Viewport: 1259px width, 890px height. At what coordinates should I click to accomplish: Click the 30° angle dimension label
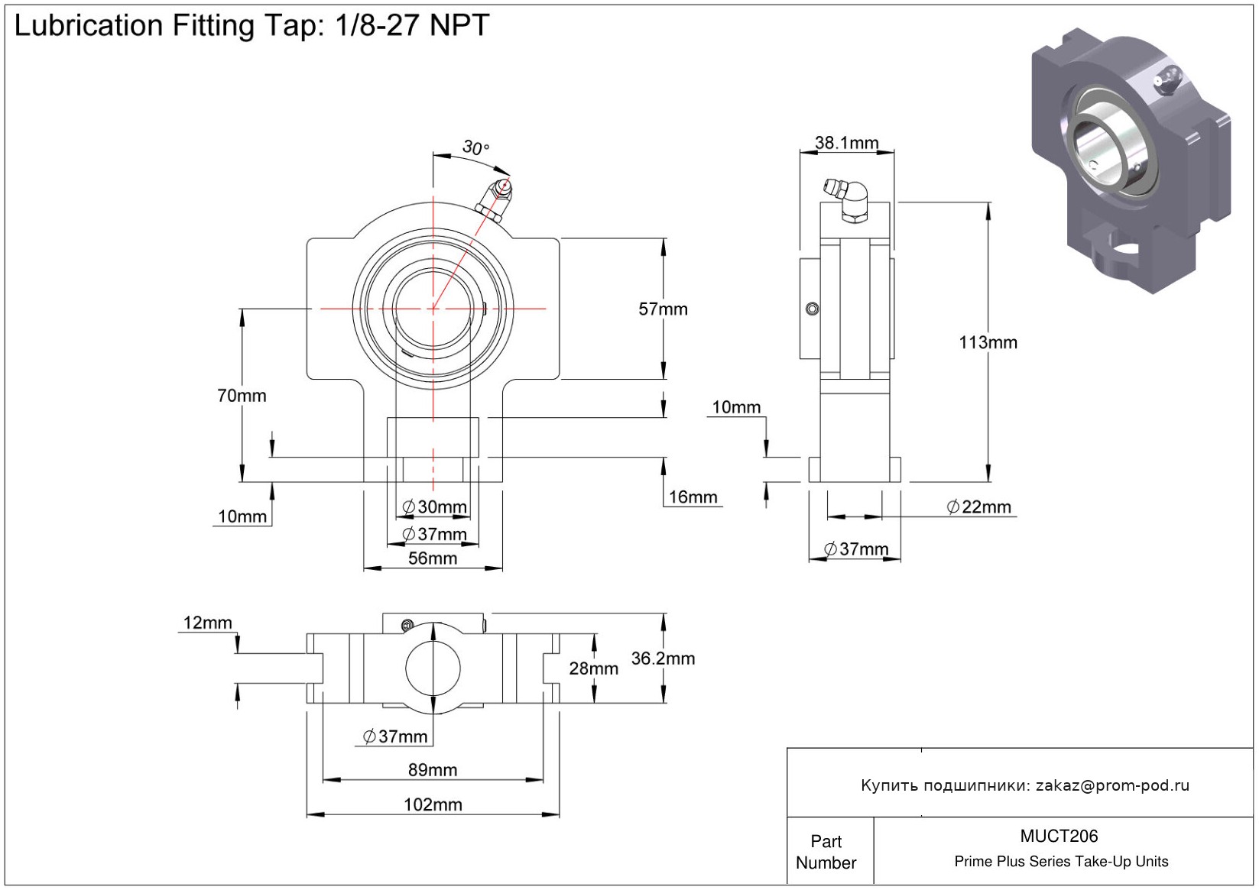[475, 147]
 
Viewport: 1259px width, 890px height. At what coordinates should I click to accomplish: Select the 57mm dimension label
[663, 309]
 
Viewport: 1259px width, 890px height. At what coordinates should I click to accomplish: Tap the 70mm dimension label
[242, 396]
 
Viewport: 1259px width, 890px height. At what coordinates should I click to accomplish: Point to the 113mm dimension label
[988, 343]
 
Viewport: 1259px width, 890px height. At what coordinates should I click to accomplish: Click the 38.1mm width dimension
[846, 143]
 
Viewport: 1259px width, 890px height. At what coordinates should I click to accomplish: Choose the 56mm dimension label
[433, 558]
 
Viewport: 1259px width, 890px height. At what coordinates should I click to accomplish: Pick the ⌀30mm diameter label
[434, 507]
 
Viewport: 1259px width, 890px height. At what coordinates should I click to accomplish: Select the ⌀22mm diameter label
[978, 507]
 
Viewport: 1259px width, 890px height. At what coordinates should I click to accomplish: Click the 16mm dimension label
[693, 497]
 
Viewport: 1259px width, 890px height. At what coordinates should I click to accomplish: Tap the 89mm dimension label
[433, 770]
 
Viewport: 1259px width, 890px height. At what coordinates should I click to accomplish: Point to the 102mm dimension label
[433, 804]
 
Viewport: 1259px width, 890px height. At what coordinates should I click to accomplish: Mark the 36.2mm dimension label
[663, 659]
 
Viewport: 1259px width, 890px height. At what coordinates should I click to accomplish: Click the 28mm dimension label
[593, 669]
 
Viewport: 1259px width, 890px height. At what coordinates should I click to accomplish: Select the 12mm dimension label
[207, 623]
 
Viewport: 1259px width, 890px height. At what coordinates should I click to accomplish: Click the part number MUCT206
[1059, 837]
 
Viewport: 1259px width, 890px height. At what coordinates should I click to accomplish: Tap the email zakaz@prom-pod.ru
[1112, 785]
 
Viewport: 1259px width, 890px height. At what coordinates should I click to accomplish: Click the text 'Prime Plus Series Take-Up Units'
[1061, 862]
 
